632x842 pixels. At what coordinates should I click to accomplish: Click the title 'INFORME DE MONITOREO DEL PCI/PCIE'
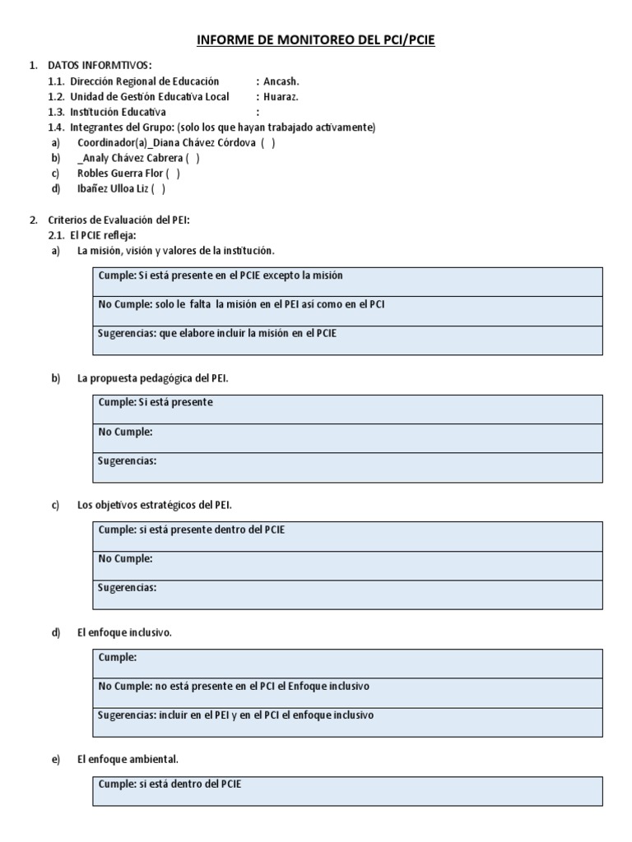[316, 39]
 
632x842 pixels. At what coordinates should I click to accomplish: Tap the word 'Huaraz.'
[281, 96]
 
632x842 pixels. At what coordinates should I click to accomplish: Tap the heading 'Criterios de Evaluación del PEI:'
[118, 220]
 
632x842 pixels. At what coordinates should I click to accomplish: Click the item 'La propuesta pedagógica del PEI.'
[153, 378]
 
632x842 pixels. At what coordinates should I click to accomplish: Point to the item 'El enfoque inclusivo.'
[124, 632]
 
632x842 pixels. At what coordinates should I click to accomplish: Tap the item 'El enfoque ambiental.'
[128, 759]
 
